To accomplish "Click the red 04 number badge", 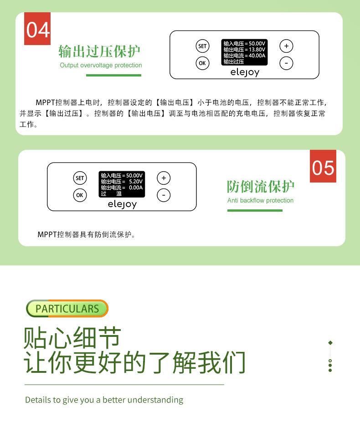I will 37,29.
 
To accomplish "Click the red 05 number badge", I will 323,166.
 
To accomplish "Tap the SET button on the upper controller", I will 202,46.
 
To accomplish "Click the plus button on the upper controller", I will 286,46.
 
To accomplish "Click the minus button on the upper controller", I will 286,63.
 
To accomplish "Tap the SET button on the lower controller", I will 80,178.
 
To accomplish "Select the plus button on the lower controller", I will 164,178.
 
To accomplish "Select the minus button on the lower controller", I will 164,195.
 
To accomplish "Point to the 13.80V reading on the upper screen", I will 257,50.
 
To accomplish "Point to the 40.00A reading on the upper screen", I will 257,56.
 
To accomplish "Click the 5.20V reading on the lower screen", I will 136,181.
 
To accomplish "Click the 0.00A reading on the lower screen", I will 136,187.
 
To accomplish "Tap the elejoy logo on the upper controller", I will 244,72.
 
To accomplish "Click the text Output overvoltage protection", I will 101,65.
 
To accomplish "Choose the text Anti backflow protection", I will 260,200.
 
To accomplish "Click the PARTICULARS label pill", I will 67,308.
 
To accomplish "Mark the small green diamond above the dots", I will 330,343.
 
